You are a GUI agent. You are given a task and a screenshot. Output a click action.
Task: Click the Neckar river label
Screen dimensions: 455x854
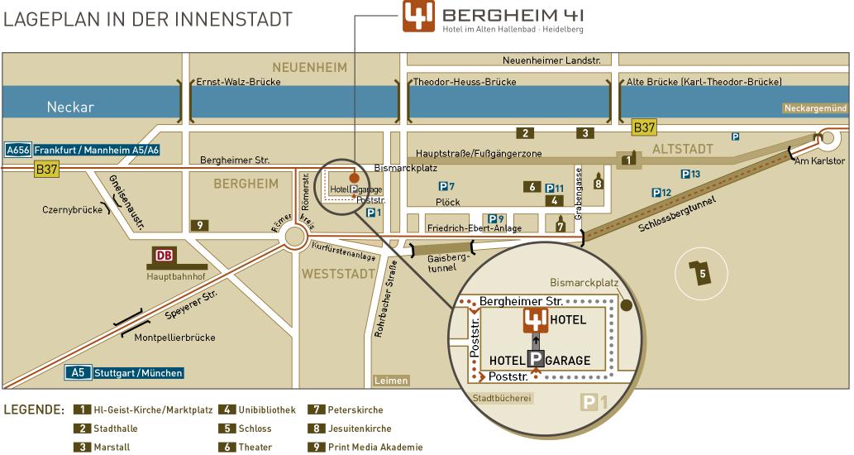pos(70,108)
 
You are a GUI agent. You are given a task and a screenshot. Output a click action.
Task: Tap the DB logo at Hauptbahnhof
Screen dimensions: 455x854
pos(164,255)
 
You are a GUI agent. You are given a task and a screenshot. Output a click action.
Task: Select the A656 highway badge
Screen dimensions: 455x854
pos(17,150)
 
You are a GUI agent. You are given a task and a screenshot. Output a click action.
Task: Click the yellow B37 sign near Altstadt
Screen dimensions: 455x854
pos(644,127)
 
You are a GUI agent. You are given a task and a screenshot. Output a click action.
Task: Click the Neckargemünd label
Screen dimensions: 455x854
pos(816,108)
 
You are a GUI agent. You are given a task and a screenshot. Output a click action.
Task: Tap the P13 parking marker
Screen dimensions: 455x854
pos(690,174)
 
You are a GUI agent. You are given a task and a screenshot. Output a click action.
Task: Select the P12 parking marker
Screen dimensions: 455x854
pos(661,193)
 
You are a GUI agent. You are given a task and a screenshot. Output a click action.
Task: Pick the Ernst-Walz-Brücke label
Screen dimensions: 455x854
pos(238,82)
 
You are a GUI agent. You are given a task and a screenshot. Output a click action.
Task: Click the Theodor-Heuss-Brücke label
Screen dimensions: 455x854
pos(465,82)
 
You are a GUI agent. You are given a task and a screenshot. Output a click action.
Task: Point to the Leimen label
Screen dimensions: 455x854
pos(391,381)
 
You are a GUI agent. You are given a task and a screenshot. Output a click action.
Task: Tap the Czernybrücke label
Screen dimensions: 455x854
pos(71,209)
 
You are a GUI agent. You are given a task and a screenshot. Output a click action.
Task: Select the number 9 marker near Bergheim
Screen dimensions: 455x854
pos(198,224)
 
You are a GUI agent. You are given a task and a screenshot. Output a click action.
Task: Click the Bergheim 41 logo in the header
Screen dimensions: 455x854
pos(419,17)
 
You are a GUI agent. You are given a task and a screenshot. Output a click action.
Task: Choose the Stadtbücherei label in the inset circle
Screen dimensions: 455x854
pos(502,398)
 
